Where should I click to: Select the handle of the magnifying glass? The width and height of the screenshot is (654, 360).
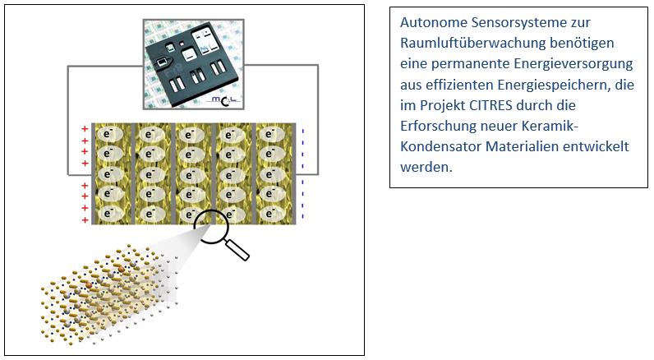238,248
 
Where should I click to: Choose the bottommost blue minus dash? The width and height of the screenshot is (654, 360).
302,217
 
